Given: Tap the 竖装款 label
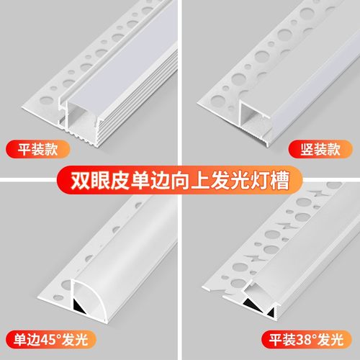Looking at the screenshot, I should point(323,150).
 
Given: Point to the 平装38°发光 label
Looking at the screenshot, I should point(310,336).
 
